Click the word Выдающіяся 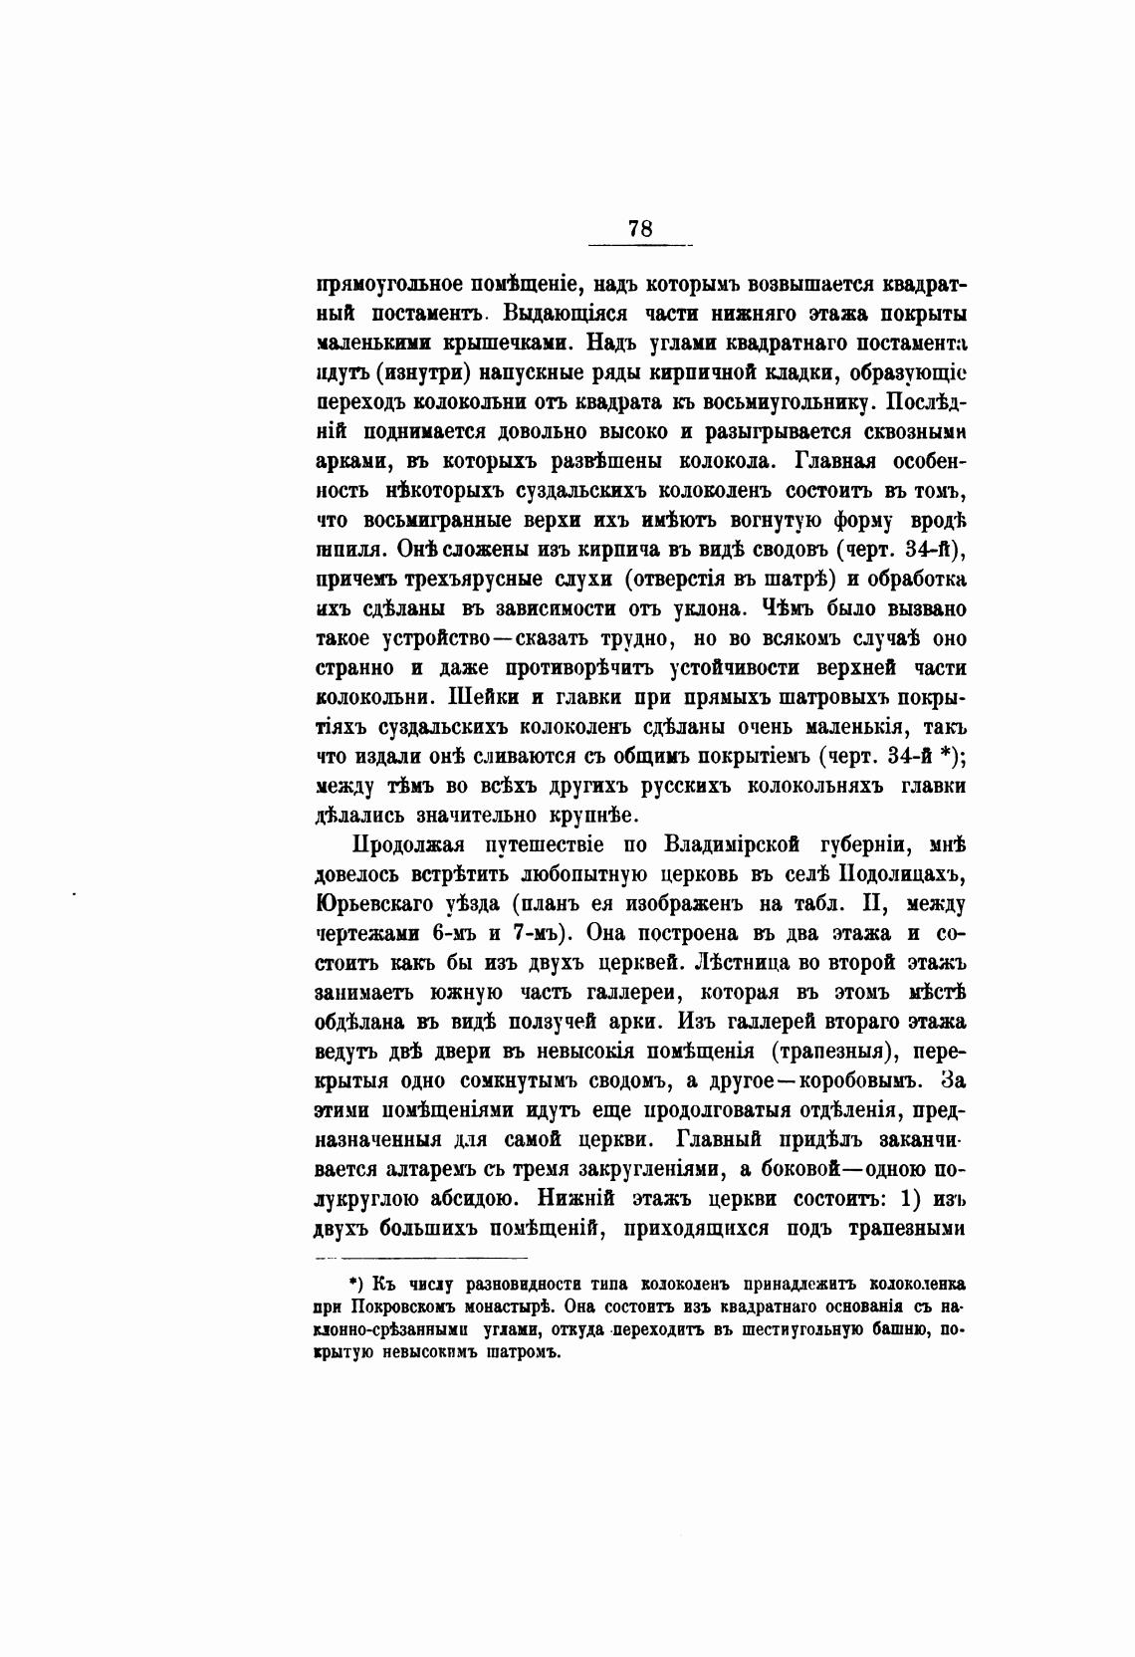pos(566,315)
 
